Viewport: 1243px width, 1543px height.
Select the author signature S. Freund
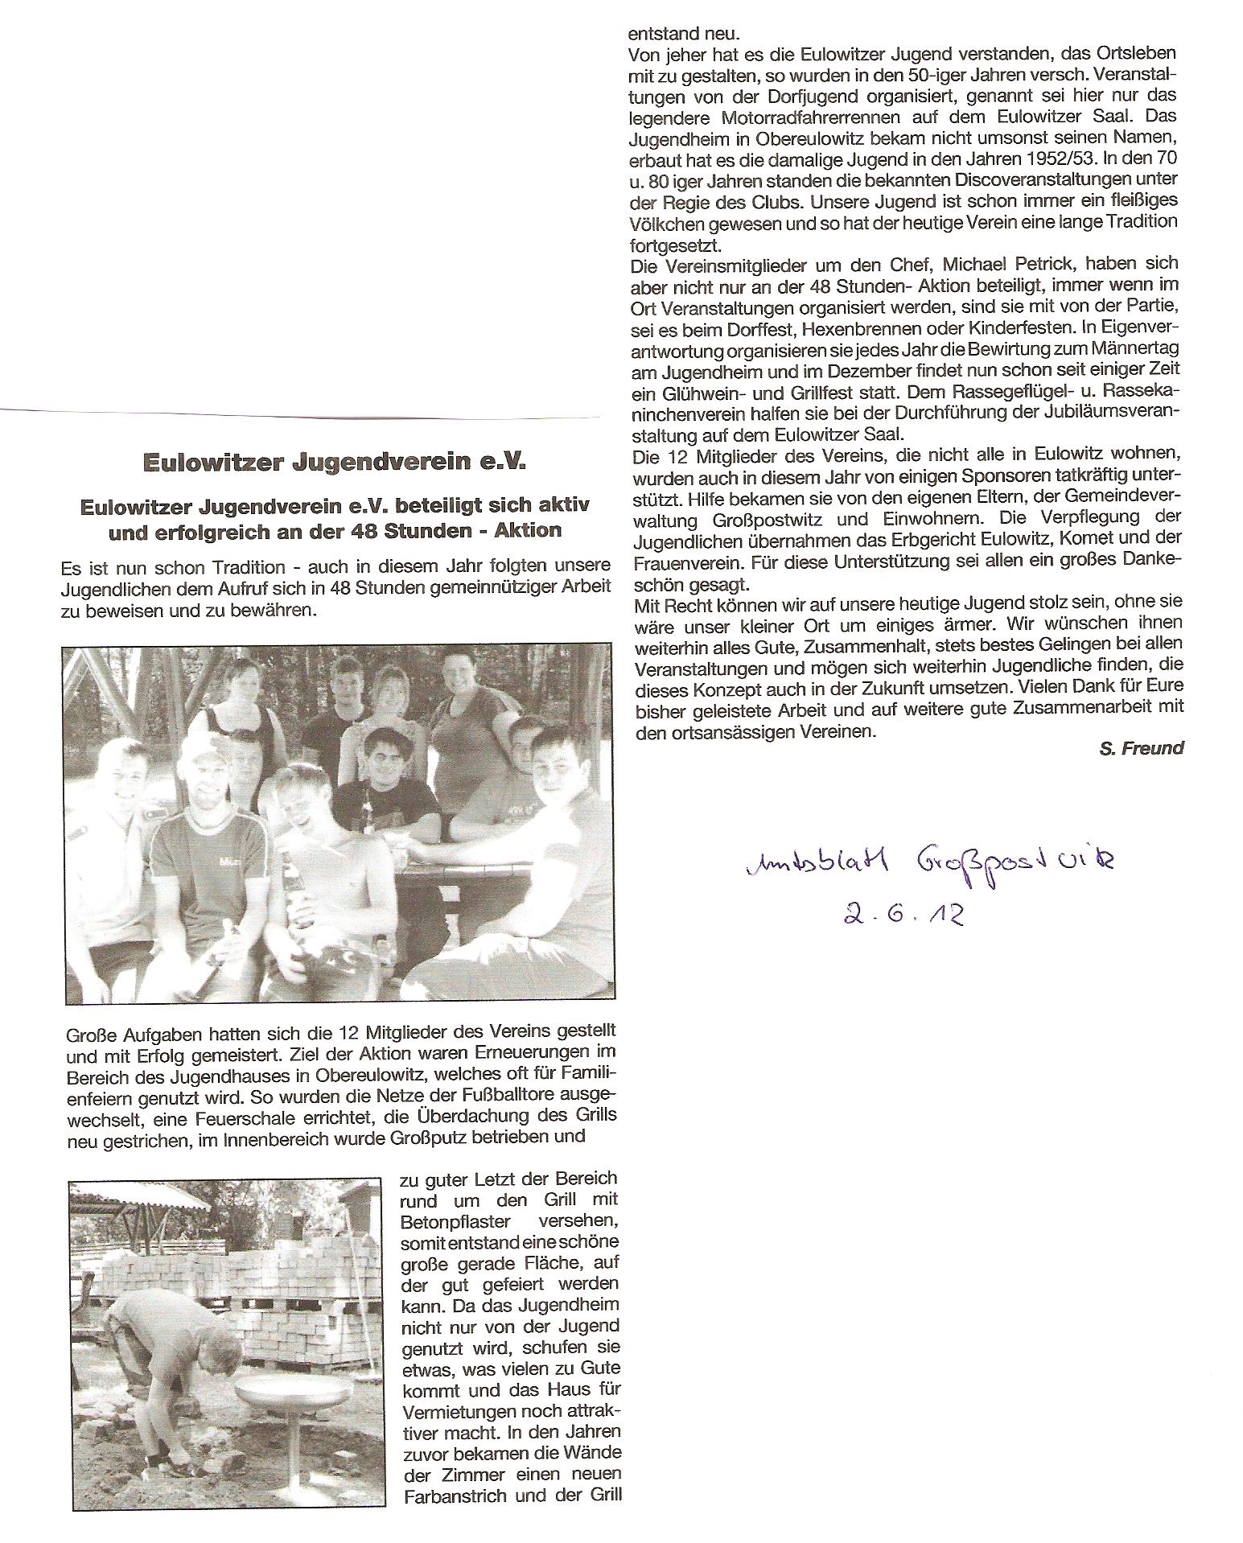1141,748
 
